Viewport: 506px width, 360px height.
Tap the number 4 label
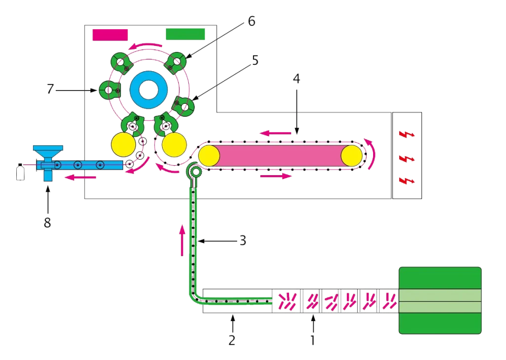(296, 79)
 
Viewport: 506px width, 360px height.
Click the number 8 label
(47, 224)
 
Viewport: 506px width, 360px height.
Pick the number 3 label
(242, 241)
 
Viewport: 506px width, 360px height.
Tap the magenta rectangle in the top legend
(110, 34)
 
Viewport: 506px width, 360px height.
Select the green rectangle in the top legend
(185, 34)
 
